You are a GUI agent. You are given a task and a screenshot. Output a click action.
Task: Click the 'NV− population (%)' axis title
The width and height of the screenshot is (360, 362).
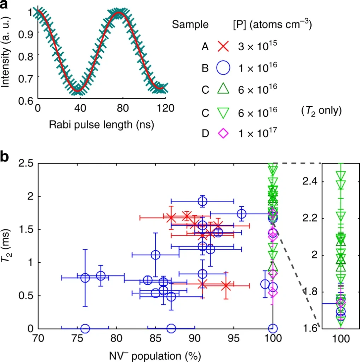pyautogui.click(x=155, y=355)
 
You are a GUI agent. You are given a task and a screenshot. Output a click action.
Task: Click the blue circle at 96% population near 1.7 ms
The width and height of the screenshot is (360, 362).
pyautogui.click(x=242, y=214)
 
